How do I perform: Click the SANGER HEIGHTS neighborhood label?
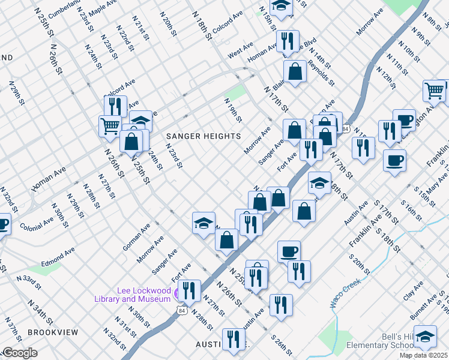(203, 136)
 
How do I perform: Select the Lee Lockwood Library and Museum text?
(133, 294)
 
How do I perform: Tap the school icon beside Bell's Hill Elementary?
(425, 337)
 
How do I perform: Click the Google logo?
(19, 353)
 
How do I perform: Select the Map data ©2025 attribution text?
(423, 355)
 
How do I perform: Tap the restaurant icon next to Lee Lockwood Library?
(189, 291)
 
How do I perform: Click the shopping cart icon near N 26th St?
(110, 126)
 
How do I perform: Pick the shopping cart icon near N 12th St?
(434, 91)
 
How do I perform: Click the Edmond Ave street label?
(58, 256)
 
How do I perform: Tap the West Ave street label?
(240, 53)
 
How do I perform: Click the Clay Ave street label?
(413, 290)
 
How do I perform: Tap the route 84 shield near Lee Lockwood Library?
(181, 310)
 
